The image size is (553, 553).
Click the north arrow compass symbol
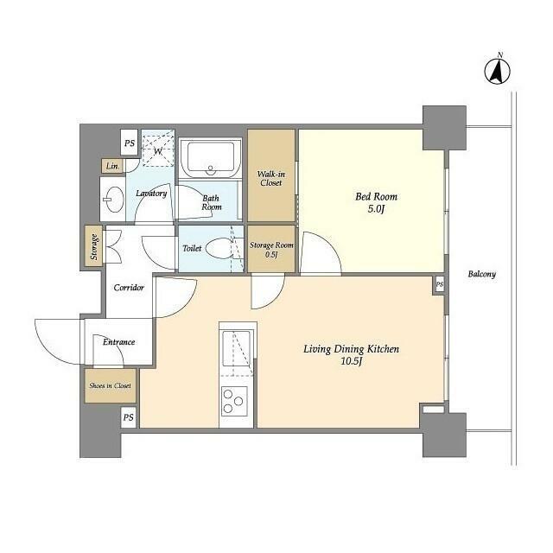498,71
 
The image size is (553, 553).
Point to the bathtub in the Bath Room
211,157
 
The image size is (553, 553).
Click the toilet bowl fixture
219,248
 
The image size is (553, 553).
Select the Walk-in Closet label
270,179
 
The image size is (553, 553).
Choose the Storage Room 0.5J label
271,250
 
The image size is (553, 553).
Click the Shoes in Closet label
110,385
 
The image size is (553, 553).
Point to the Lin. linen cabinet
112,166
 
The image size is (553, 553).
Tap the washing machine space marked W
158,148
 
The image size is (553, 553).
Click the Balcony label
482,274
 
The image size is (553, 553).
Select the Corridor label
129,288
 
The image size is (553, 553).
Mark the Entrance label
119,342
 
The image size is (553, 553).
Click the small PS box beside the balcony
440,284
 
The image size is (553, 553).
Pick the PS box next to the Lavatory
130,143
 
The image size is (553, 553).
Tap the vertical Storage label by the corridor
94,246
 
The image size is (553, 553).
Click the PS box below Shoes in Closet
129,417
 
